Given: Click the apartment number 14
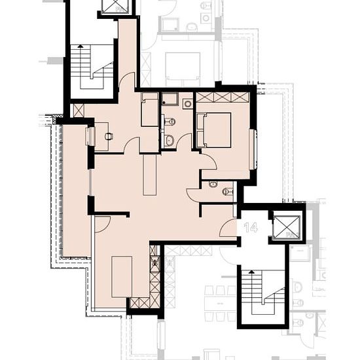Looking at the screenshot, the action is click(x=251, y=227).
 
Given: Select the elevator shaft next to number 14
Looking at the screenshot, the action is click(x=287, y=227).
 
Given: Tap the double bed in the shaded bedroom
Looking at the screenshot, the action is click(x=214, y=130).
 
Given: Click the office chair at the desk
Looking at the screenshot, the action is click(x=109, y=136).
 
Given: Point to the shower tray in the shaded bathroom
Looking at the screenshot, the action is click(x=170, y=99).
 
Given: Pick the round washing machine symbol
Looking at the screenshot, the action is click(x=188, y=104).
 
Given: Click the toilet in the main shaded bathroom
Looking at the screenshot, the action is click(x=170, y=122).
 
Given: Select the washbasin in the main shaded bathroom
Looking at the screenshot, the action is click(x=170, y=140).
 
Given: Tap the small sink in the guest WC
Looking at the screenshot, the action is click(x=213, y=184).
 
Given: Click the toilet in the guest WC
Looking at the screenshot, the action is click(x=228, y=191).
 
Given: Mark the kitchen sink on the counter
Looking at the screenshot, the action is click(x=155, y=262).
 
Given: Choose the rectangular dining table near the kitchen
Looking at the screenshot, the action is click(x=122, y=277).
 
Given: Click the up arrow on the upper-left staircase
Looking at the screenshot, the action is click(x=80, y=46).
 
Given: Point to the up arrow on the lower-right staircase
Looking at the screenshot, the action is click(x=251, y=272).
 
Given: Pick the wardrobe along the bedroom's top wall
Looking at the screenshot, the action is click(x=223, y=97).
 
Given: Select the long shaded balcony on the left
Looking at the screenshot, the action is click(x=76, y=190).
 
